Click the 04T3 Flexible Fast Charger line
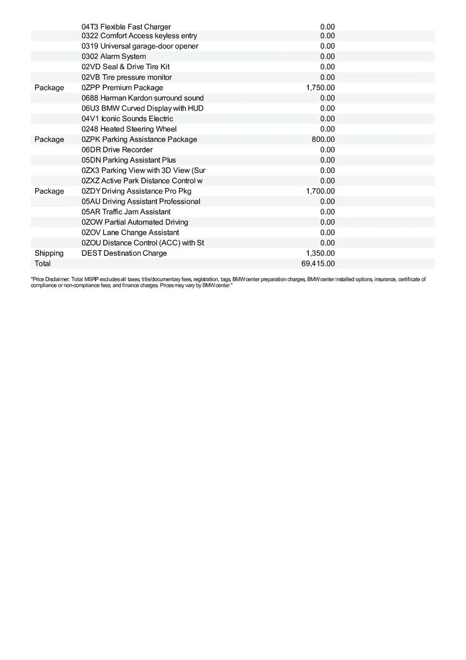[126, 26]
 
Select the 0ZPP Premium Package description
[122, 88]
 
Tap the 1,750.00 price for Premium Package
[320, 88]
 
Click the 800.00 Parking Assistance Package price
[323, 140]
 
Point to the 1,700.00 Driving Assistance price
[320, 191]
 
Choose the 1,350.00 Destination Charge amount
[320, 254]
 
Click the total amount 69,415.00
[318, 264]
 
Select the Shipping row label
[49, 254]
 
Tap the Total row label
[42, 264]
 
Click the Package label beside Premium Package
[49, 88]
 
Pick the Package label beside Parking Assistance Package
[49, 140]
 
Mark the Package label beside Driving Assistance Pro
[49, 191]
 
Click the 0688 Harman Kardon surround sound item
[142, 98]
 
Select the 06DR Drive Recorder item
[117, 150]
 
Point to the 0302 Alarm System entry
[114, 57]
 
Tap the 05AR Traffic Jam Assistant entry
[126, 212]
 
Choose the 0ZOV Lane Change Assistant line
[130, 233]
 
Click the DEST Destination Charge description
[124, 254]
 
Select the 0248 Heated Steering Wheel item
[129, 129]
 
